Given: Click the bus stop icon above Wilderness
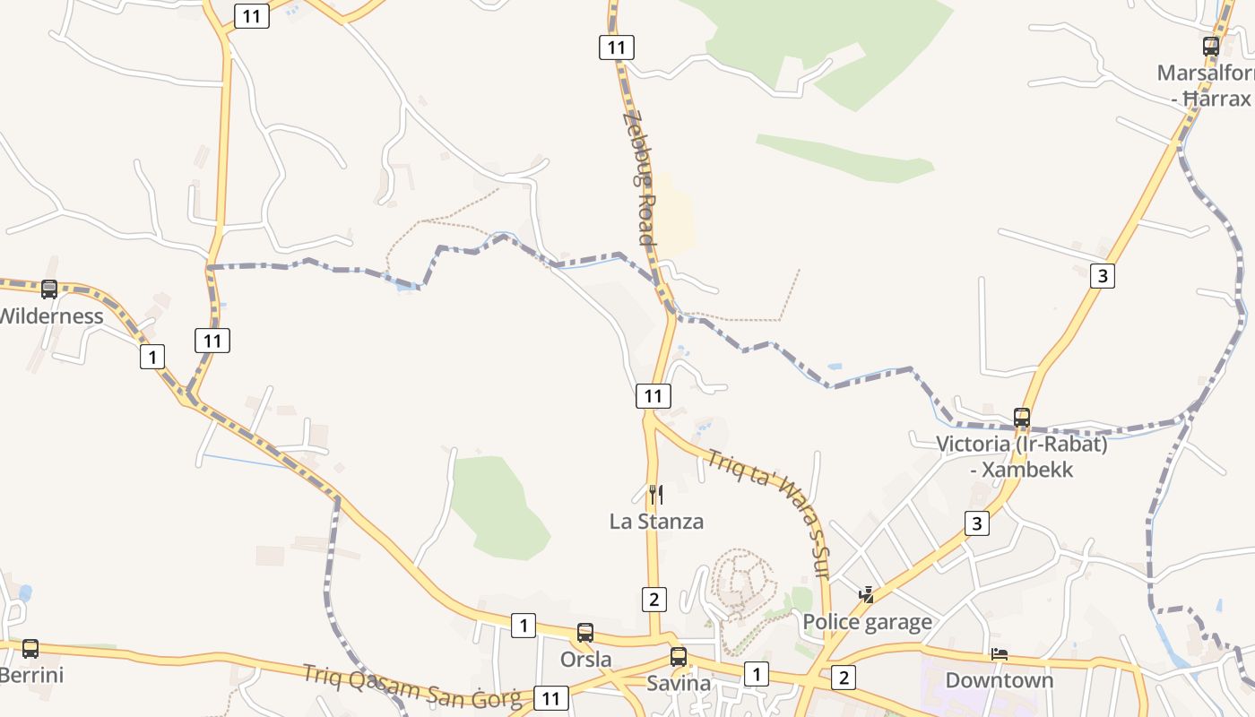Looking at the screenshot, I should point(49,289).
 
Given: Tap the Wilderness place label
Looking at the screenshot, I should point(51,316).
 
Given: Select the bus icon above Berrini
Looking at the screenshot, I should point(30,648).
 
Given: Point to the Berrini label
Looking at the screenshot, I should point(31,675).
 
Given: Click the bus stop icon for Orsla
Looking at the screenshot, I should point(585,633).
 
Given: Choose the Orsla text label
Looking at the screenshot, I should point(585,660).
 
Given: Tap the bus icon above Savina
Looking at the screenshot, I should point(679,657).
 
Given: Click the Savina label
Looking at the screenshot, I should point(679,684).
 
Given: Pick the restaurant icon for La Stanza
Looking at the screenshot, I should point(656,495).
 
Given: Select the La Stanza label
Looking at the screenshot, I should point(656,522).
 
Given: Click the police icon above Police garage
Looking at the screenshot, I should point(867,594).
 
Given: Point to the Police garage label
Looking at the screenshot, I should point(867,622).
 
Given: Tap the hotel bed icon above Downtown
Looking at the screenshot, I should point(1000,653).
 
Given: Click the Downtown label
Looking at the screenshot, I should point(1000,680).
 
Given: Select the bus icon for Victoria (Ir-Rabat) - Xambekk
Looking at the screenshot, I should point(1022,417).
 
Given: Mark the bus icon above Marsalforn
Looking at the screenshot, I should point(1211,47).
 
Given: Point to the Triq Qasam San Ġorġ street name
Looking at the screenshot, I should point(411,686).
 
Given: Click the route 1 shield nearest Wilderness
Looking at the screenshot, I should point(152,358).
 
